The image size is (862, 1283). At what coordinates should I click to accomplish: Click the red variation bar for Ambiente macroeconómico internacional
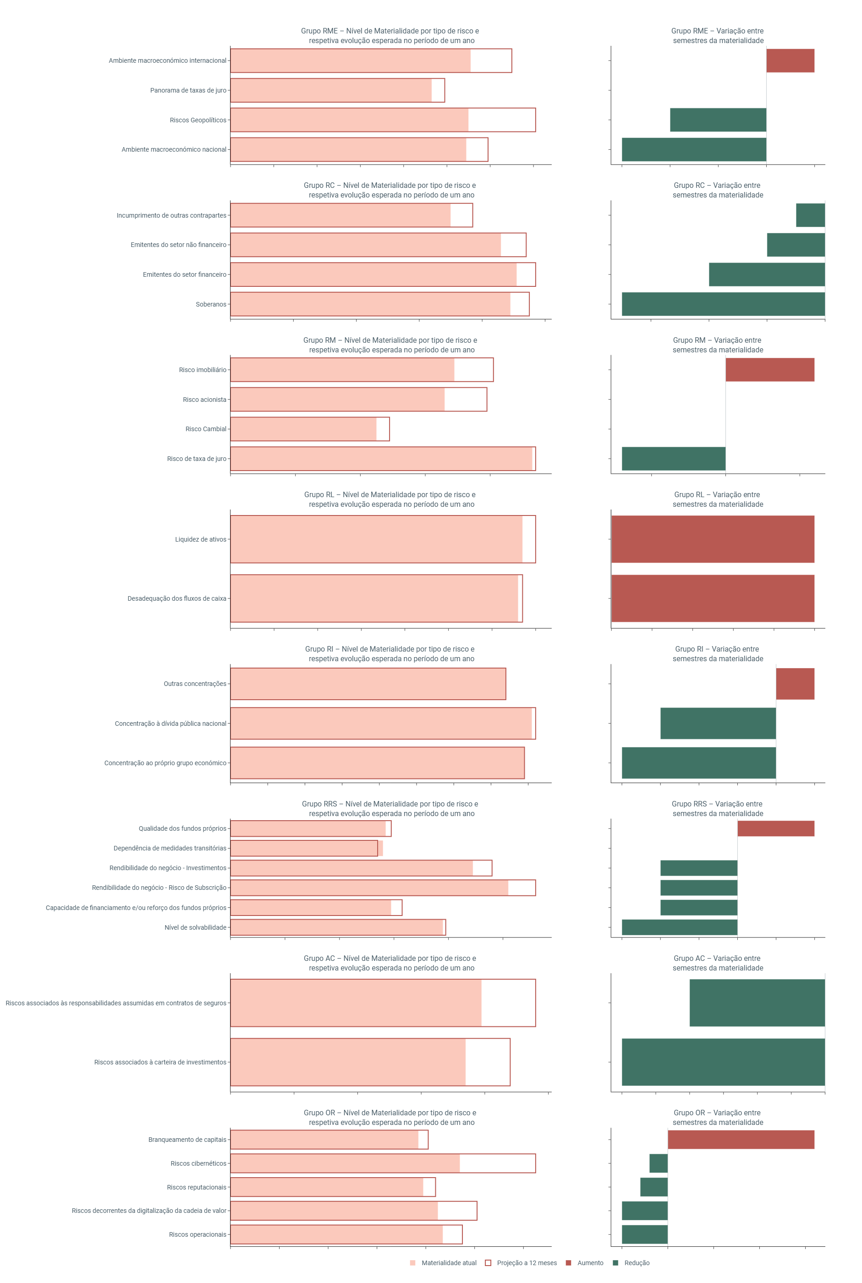[x=790, y=60]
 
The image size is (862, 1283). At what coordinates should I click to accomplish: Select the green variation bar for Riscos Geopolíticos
[x=718, y=120]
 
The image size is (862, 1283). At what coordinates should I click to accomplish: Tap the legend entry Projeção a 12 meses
[x=521, y=1263]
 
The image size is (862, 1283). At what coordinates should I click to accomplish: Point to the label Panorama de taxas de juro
[x=188, y=90]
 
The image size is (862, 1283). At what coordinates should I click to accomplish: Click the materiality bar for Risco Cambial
[x=303, y=429]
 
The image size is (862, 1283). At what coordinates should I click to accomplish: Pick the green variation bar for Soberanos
[x=723, y=304]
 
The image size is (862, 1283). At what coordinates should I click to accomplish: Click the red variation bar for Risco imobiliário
[x=769, y=369]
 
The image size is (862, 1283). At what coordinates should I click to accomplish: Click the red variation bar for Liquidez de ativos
[x=713, y=539]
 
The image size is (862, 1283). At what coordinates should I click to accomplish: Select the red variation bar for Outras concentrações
[x=795, y=683]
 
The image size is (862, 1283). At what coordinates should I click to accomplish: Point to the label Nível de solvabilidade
[x=195, y=927]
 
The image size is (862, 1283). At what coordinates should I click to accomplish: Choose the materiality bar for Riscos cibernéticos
[x=345, y=1163]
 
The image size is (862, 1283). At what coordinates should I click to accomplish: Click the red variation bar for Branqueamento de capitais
[x=741, y=1140]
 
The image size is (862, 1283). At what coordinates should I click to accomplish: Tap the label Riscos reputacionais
[x=196, y=1187]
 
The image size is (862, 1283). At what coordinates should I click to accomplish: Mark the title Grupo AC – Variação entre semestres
[x=718, y=963]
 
